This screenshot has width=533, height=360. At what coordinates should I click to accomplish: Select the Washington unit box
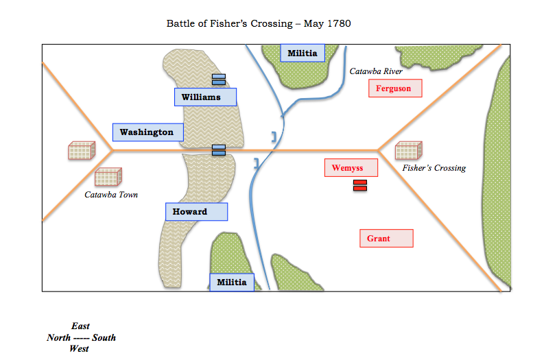(148, 132)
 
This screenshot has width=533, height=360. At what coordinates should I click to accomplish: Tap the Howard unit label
(196, 211)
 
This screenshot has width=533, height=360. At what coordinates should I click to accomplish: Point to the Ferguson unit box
(394, 88)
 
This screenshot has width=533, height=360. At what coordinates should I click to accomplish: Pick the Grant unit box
(386, 238)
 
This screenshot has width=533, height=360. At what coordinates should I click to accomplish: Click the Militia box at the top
(303, 53)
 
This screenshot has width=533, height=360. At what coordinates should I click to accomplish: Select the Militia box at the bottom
(232, 282)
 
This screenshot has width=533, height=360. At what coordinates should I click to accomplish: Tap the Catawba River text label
(376, 71)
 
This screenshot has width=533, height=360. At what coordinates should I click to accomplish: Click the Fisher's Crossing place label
(434, 168)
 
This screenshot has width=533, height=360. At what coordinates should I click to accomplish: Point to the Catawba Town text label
(111, 195)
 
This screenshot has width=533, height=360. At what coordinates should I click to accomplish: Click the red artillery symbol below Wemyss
(359, 185)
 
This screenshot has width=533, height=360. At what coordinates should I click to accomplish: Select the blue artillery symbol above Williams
(219, 79)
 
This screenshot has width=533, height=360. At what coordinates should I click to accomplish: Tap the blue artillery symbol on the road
(219, 149)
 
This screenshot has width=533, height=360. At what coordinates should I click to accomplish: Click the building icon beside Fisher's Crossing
(408, 151)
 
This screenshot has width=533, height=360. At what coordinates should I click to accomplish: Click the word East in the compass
(80, 326)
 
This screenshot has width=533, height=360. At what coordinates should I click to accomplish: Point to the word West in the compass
(79, 348)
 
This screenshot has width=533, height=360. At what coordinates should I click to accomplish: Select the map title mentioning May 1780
(259, 24)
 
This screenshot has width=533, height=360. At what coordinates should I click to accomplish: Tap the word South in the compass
(104, 337)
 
